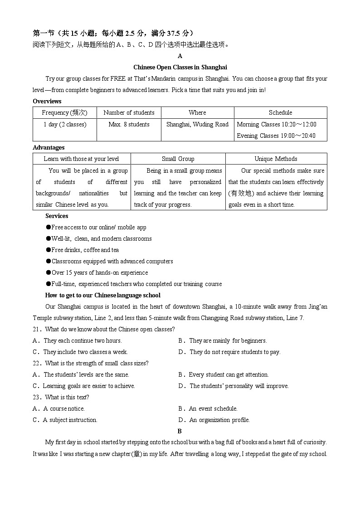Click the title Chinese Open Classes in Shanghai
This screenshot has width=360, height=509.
180,67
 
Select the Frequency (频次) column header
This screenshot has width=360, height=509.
64,113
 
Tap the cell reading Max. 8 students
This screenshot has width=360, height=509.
129,124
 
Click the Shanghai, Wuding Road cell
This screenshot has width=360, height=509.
197,124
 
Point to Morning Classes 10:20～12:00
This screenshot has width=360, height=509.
277,124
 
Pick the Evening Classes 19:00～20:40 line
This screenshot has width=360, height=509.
276,136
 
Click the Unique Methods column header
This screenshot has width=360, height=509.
276,159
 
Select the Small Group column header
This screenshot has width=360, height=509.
178,159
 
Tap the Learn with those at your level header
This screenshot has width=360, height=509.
81,159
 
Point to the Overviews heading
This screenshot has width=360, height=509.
47,101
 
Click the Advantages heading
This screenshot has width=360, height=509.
49,147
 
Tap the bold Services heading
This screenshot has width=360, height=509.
57,216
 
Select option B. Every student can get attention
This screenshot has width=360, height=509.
224,374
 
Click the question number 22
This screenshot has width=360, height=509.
37,363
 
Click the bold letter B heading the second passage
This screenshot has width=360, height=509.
180,431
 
